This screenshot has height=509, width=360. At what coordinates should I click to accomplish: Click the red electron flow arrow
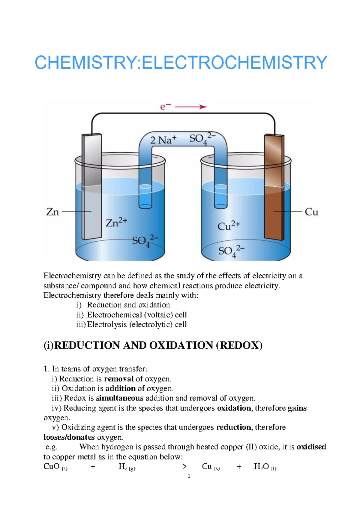[191, 107]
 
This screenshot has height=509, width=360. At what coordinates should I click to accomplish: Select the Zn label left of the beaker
[52, 212]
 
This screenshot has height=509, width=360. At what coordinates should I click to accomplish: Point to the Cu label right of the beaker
[311, 212]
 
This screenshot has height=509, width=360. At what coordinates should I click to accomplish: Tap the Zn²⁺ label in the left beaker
[116, 222]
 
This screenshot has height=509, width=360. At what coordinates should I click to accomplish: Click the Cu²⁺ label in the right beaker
[228, 226]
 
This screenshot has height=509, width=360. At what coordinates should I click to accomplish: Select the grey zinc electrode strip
[91, 186]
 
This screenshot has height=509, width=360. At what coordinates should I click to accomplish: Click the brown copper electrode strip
[274, 186]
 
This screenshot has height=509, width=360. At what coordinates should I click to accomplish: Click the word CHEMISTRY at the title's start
[85, 63]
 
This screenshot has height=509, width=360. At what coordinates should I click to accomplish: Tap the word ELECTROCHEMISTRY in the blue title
[234, 63]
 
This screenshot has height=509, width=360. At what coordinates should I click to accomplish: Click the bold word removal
[119, 379]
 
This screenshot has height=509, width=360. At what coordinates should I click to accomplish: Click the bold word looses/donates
[69, 437]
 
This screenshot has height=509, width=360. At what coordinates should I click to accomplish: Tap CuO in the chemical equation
[52, 466]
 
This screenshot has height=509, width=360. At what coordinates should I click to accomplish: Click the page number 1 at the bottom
[189, 476]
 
